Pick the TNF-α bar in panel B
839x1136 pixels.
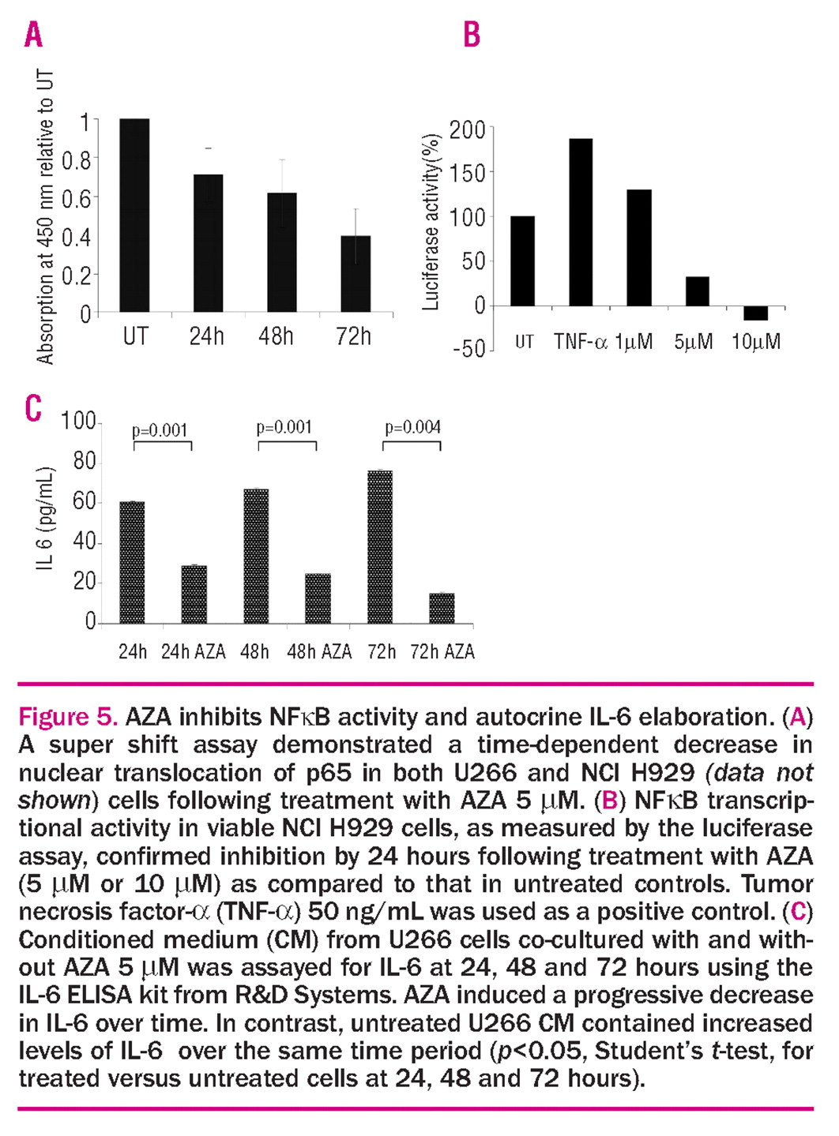click(x=581, y=222)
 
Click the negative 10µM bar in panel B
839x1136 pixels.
click(x=756, y=313)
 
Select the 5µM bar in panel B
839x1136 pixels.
click(x=697, y=291)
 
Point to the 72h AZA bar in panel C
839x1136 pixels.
click(x=442, y=607)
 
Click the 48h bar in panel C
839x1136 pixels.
click(x=256, y=556)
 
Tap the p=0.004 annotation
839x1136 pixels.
click(x=412, y=428)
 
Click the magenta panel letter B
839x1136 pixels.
click(x=472, y=36)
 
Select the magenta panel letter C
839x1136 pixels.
click(x=33, y=410)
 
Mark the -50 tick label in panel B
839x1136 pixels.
click(x=468, y=349)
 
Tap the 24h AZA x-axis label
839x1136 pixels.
click(x=194, y=652)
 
